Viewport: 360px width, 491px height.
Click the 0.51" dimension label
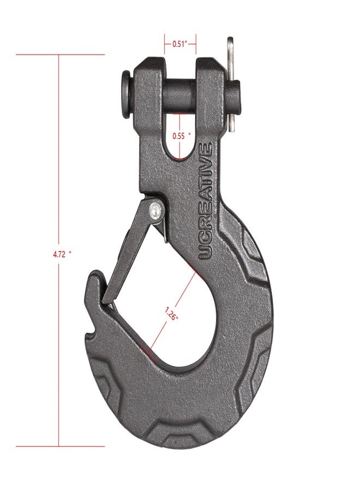pos(179,44)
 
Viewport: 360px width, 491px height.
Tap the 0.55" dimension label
pos(182,136)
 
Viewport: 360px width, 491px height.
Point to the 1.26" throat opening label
pos(172,314)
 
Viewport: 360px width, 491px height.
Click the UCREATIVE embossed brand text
pos(206,201)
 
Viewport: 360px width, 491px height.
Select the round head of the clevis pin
pos(126,94)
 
